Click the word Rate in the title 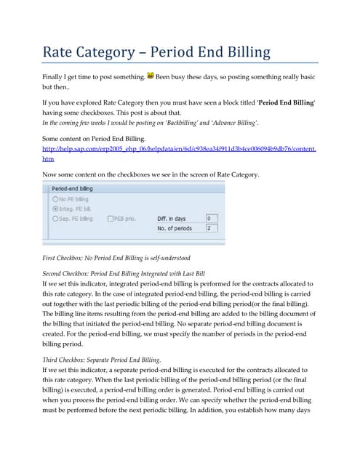63,52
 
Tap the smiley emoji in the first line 151,74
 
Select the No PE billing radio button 55,198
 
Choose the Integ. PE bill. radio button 55,208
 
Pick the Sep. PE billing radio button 55,218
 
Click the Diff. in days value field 211,218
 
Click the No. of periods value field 211,228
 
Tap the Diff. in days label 172,218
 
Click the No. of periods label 175,228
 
